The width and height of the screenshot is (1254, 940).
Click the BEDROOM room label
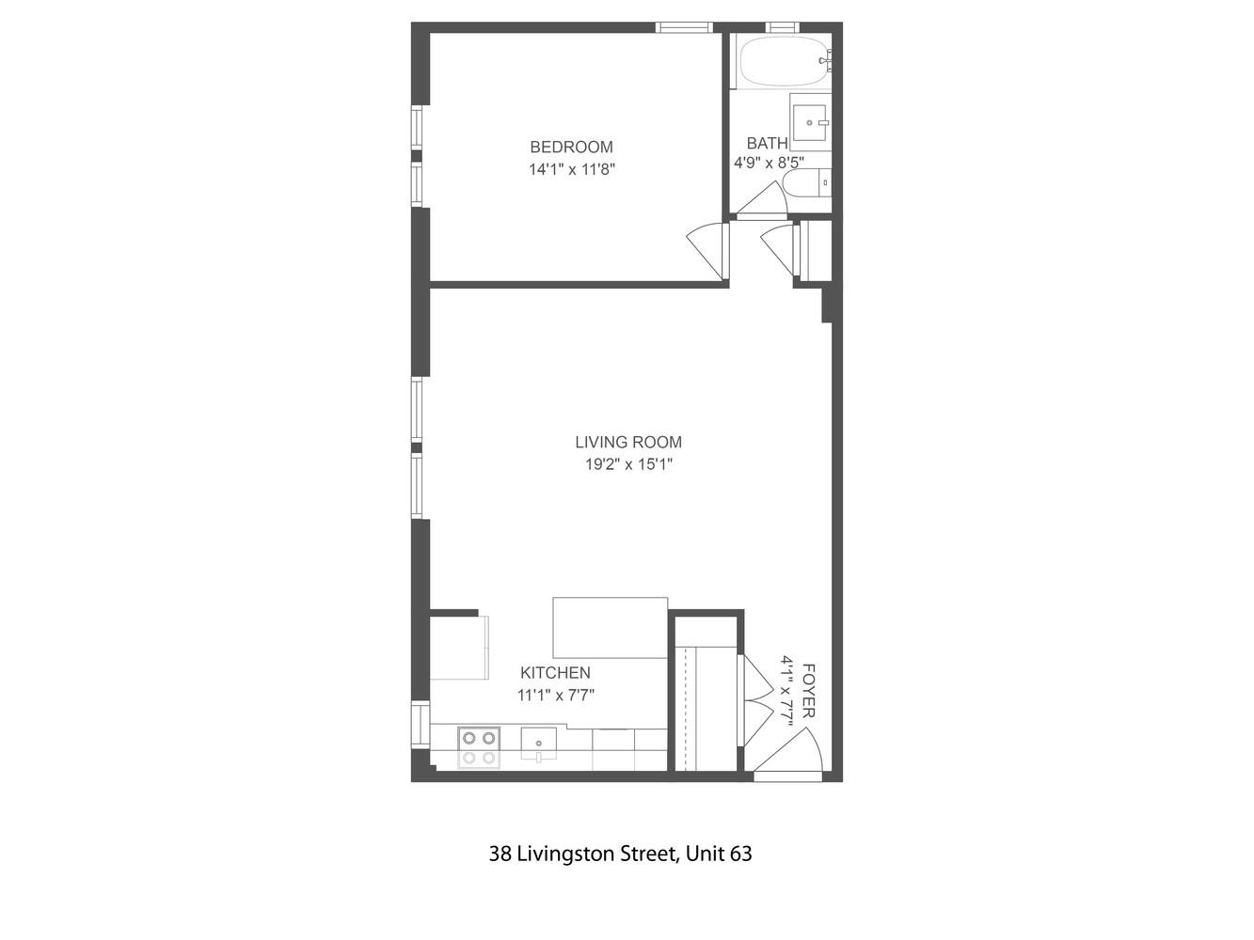click(571, 147)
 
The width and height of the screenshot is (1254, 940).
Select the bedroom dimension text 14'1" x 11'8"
click(571, 170)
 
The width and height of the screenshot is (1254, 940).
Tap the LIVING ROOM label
click(628, 442)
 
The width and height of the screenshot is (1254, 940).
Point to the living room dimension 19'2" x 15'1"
click(628, 464)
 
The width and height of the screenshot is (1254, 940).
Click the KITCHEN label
click(555, 673)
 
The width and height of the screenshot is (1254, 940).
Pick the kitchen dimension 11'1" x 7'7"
click(555, 696)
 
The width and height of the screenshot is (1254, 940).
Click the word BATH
click(767, 143)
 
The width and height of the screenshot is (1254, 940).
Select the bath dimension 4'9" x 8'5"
click(769, 162)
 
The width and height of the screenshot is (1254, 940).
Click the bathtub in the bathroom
click(784, 62)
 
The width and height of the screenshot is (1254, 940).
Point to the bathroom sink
click(809, 122)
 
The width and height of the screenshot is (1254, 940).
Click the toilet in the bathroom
click(808, 182)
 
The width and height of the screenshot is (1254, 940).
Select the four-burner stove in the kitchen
click(478, 747)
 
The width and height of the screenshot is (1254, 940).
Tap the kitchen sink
click(538, 744)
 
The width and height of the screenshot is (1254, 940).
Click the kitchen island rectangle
click(610, 627)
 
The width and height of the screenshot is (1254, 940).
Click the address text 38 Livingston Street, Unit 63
click(620, 854)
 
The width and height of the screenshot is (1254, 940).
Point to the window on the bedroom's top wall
click(684, 27)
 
